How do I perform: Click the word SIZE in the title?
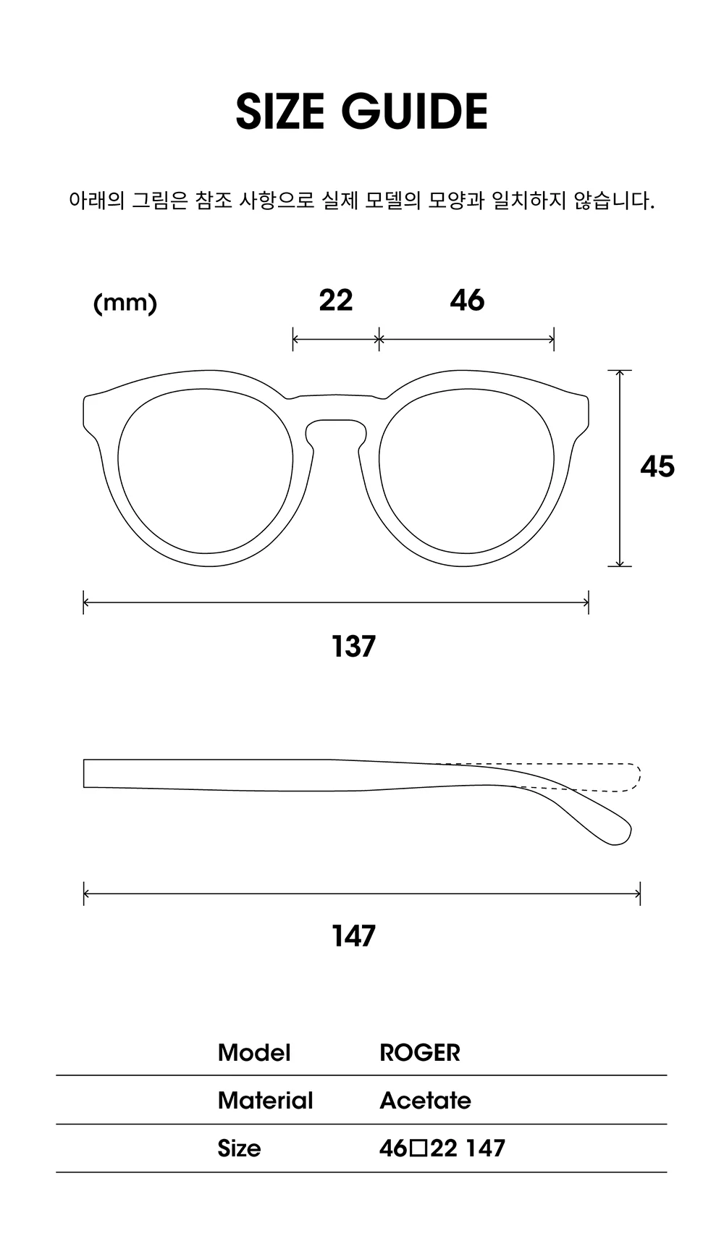(279, 112)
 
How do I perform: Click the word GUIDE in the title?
(414, 112)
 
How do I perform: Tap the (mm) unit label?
(125, 303)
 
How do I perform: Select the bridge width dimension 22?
(336, 300)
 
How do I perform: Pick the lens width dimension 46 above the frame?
(467, 300)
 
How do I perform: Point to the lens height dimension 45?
(657, 466)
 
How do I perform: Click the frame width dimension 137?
(354, 646)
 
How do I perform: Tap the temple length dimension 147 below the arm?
(354, 936)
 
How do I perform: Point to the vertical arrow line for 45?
(620, 468)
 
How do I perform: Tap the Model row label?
(254, 1053)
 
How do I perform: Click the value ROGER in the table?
(420, 1053)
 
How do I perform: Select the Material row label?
(266, 1101)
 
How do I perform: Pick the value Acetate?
(426, 1101)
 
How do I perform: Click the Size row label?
(239, 1148)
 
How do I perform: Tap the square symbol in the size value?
(419, 1148)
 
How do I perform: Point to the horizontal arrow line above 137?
(336, 602)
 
